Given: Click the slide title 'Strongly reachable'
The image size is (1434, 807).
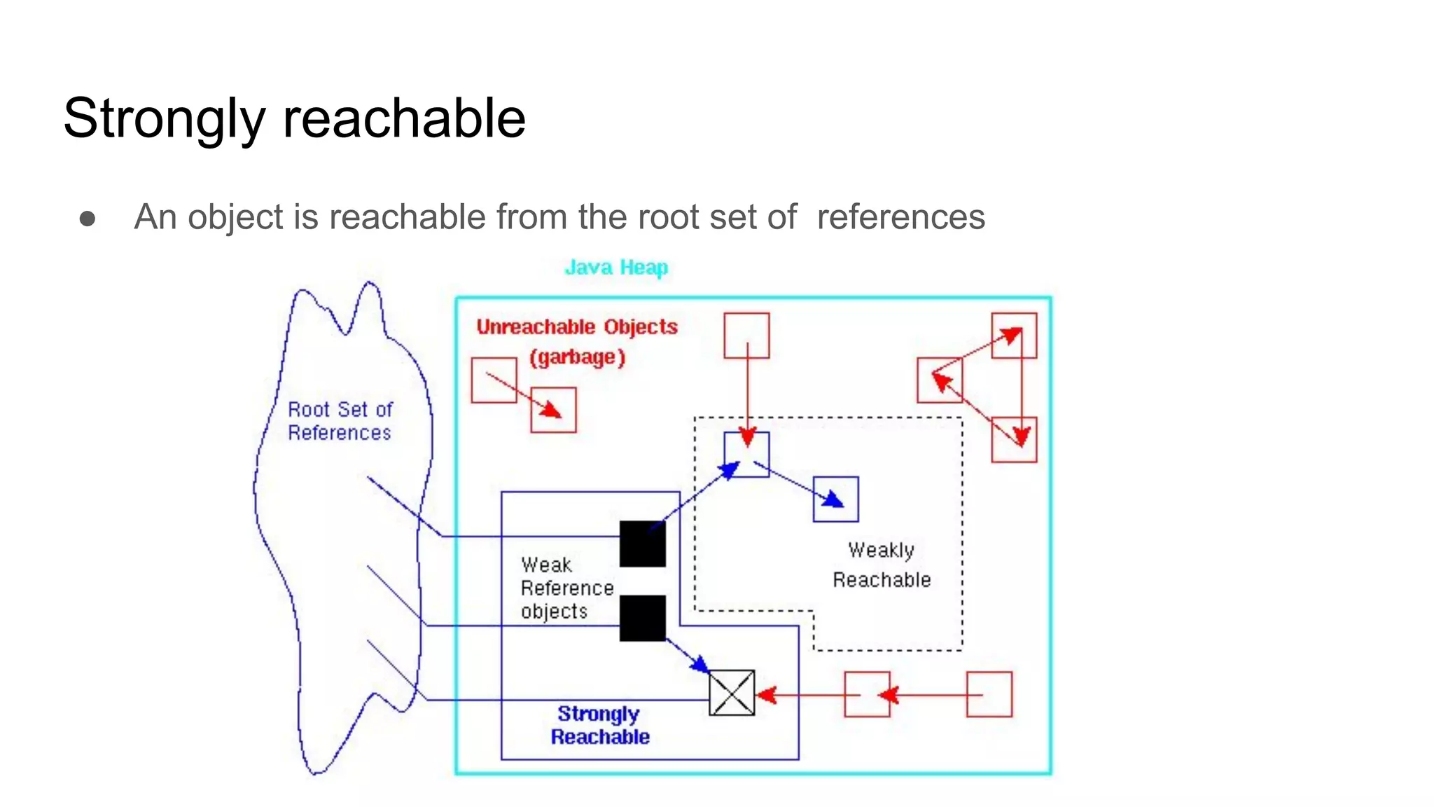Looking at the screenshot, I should click(294, 118).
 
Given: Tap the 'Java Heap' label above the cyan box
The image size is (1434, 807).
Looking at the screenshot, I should click(616, 268).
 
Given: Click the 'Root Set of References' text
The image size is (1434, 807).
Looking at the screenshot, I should click(340, 421).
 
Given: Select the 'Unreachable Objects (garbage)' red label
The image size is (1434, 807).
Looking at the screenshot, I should click(577, 342).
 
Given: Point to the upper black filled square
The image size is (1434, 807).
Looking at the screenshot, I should click(642, 544).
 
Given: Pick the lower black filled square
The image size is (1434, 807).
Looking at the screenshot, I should click(642, 618).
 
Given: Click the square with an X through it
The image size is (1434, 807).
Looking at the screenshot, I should click(732, 693).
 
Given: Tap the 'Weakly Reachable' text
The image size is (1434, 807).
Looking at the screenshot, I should click(882, 565).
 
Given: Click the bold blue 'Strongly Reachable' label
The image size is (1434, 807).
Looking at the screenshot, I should click(599, 725).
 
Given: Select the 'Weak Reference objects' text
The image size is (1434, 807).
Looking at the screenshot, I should click(566, 588).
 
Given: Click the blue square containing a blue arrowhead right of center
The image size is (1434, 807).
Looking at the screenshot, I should click(835, 499).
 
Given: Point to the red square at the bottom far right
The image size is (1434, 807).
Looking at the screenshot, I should click(989, 694).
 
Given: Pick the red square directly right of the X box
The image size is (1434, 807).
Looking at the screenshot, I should click(867, 694).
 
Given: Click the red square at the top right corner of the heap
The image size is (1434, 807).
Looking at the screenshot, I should click(1014, 336).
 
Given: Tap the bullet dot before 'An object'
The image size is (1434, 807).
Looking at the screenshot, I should click(88, 219).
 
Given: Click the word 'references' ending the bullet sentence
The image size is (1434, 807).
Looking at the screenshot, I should click(900, 216).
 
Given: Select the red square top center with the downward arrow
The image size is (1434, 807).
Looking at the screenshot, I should click(746, 336).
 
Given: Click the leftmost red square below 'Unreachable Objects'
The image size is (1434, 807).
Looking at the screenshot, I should click(494, 380).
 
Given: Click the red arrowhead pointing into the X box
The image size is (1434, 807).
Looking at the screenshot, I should click(766, 695).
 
